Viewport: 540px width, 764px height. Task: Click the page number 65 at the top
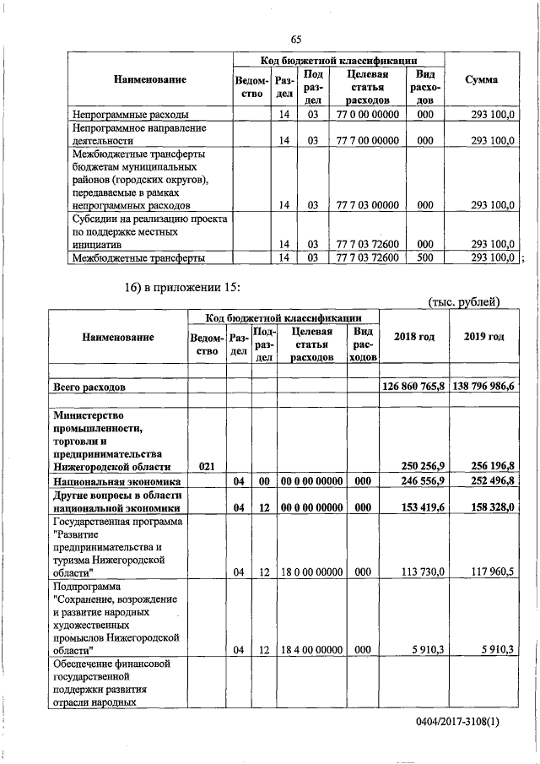pos(295,39)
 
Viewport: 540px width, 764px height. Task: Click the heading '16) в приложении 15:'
pos(183,290)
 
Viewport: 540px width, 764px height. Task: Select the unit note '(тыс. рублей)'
pos(464,302)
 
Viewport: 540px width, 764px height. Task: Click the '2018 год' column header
pos(414,337)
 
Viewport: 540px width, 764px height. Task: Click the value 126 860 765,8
pos(413,386)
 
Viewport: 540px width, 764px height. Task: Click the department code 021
pos(206,466)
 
